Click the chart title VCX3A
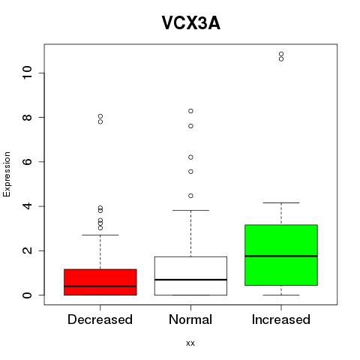191,23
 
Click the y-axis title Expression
7,174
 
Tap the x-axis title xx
190,343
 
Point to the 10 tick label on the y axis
27,73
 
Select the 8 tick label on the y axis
27,117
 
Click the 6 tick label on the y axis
27,162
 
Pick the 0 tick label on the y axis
27,295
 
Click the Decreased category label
100,319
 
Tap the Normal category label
190,319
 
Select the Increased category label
281,319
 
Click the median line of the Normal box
190,280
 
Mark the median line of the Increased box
281,256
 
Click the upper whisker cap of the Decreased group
100,235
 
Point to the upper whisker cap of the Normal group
190,210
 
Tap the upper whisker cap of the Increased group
281,202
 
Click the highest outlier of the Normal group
190,111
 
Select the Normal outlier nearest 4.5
190,196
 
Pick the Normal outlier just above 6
190,157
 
